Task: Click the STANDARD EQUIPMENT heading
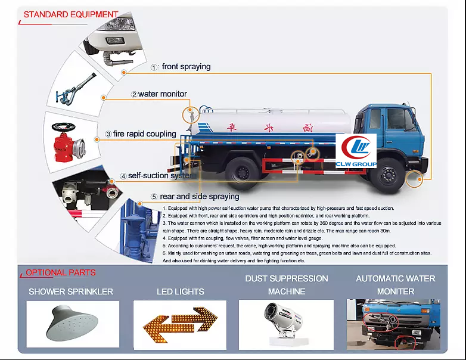70,14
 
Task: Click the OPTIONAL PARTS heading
60,273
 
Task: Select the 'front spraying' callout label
186,67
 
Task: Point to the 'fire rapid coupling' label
145,134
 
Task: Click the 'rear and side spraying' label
199,196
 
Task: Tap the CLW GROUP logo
356,151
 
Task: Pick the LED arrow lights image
180,324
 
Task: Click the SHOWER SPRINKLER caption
71,291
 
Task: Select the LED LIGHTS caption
180,291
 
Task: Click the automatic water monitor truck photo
393,324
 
